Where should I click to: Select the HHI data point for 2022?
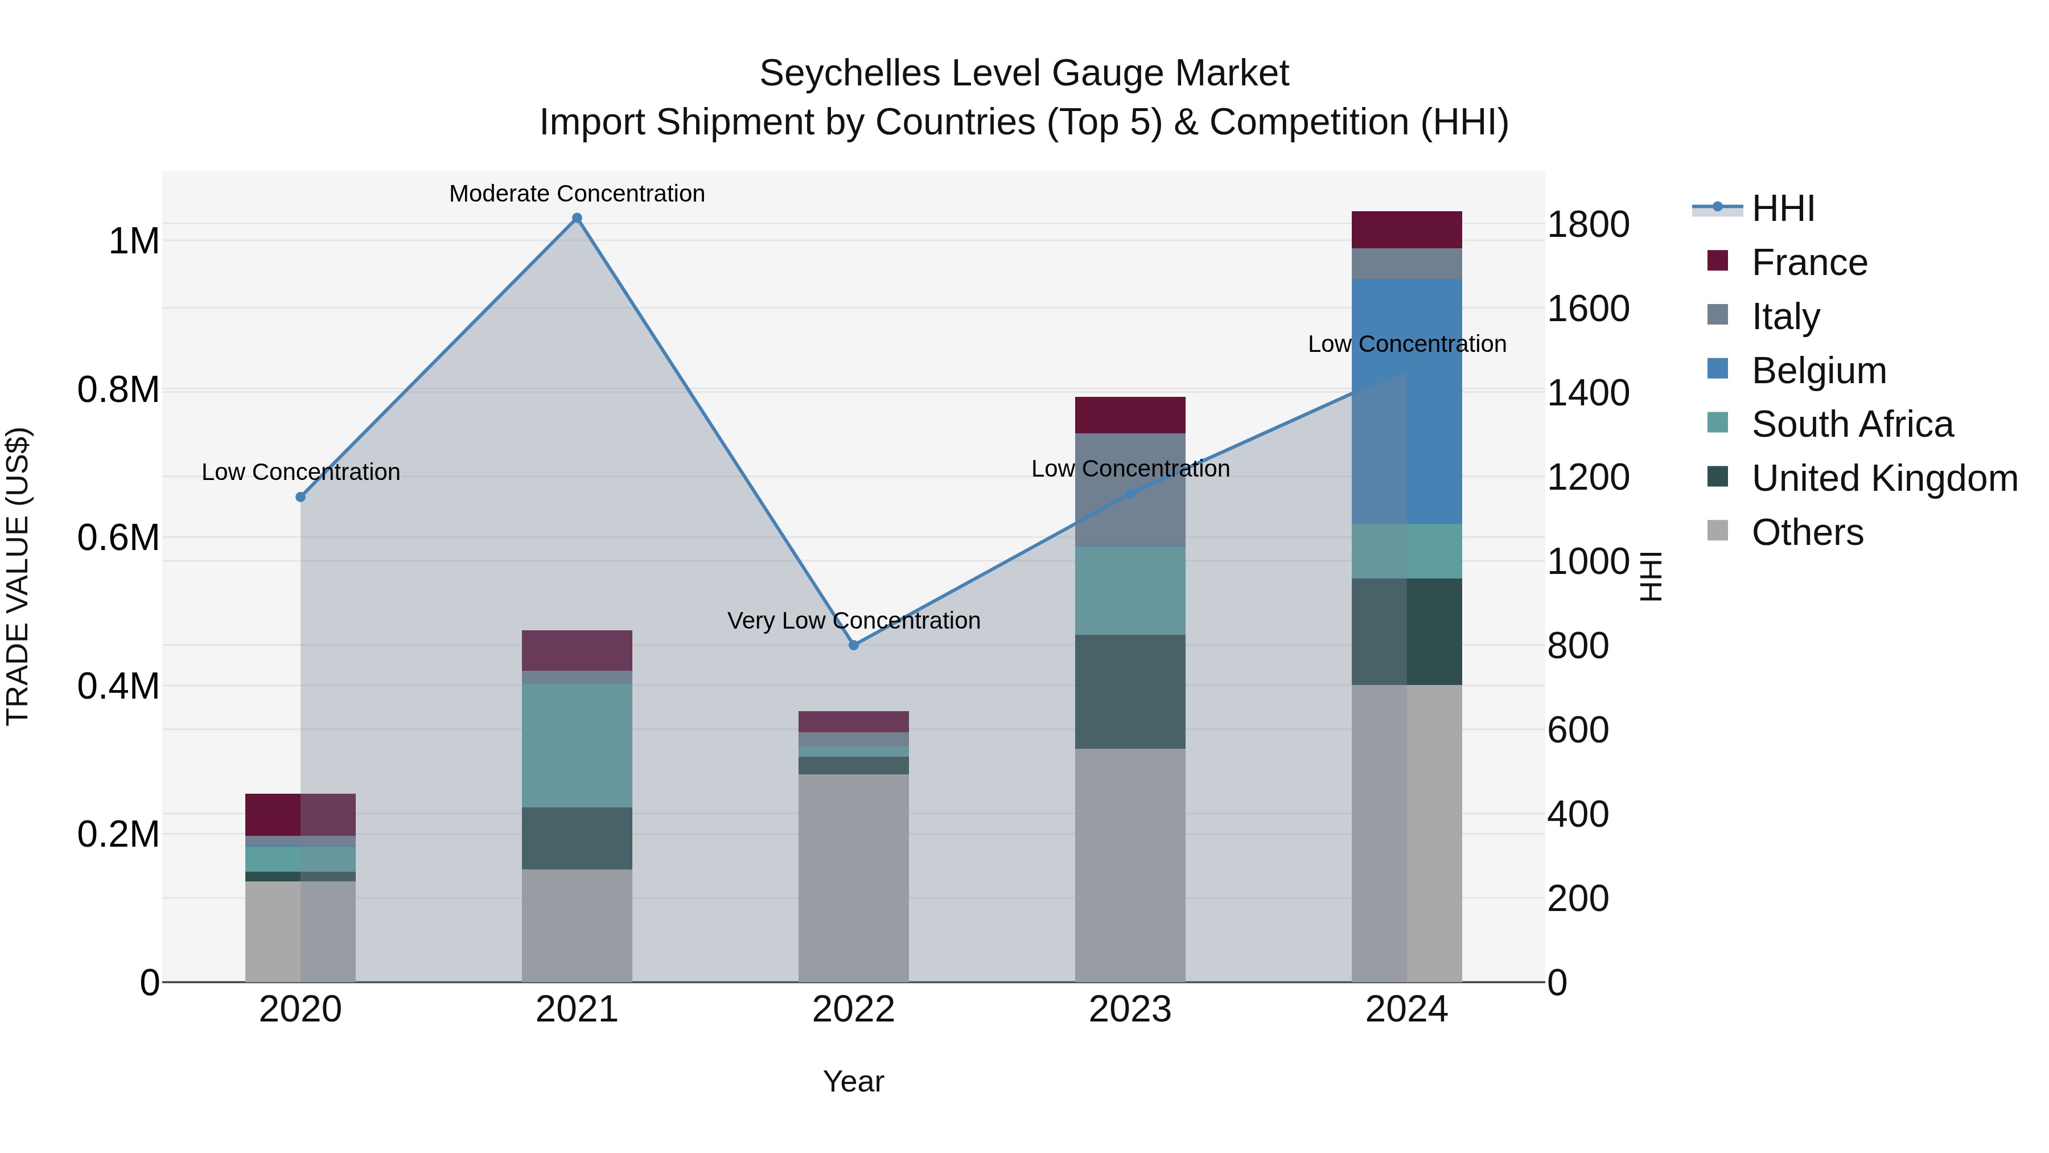[x=854, y=645]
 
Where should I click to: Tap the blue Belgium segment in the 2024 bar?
[x=1407, y=402]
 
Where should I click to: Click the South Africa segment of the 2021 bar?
[x=577, y=745]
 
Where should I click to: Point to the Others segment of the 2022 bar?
[x=854, y=877]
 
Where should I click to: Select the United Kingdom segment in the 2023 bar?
[x=1129, y=691]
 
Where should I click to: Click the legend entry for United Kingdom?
[x=1883, y=478]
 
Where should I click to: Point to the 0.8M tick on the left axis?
[x=118, y=390]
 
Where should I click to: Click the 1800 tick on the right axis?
[x=1587, y=224]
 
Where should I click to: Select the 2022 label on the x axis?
[x=854, y=1010]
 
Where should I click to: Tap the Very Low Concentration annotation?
[x=854, y=621]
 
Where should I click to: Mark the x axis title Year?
[x=854, y=1081]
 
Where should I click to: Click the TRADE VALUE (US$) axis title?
[x=18, y=576]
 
